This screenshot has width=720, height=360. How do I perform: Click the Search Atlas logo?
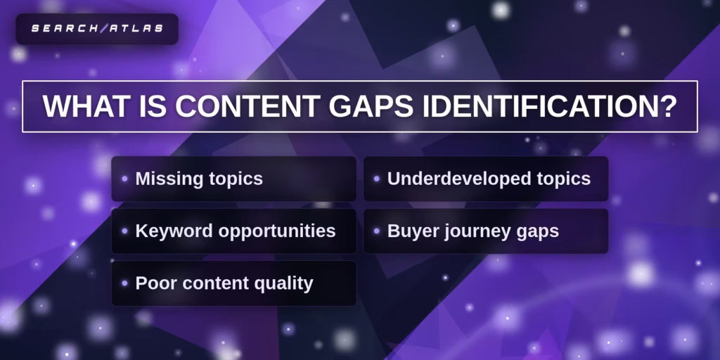pyautogui.click(x=97, y=29)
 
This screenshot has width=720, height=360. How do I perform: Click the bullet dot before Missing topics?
pyautogui.click(x=125, y=179)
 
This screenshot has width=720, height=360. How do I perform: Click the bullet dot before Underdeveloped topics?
pyautogui.click(x=377, y=179)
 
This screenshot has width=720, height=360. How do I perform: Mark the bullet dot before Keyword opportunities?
pyautogui.click(x=125, y=231)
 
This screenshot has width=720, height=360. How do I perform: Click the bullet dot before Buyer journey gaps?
pyautogui.click(x=377, y=231)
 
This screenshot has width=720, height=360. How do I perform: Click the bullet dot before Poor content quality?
pyautogui.click(x=125, y=283)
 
